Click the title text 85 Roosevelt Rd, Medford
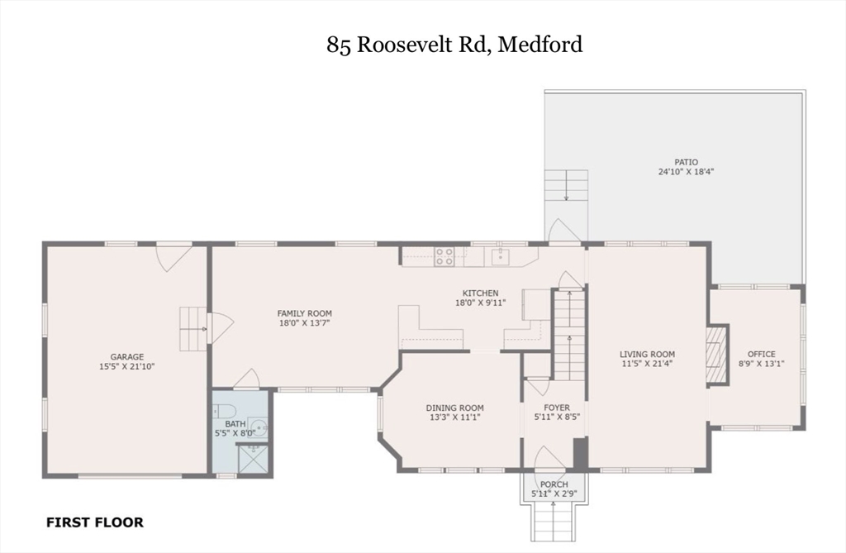pyautogui.click(x=454, y=44)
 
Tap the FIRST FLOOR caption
pyautogui.click(x=94, y=522)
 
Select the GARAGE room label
pyautogui.click(x=127, y=356)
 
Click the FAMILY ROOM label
pyautogui.click(x=304, y=313)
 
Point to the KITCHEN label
pyautogui.click(x=480, y=293)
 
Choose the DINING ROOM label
pyautogui.click(x=454, y=408)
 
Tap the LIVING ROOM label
pyautogui.click(x=648, y=354)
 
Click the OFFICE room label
pyautogui.click(x=761, y=354)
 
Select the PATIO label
pyautogui.click(x=686, y=162)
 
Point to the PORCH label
pyautogui.click(x=554, y=484)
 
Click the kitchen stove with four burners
pyautogui.click(x=444, y=256)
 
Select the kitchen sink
pyautogui.click(x=500, y=256)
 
